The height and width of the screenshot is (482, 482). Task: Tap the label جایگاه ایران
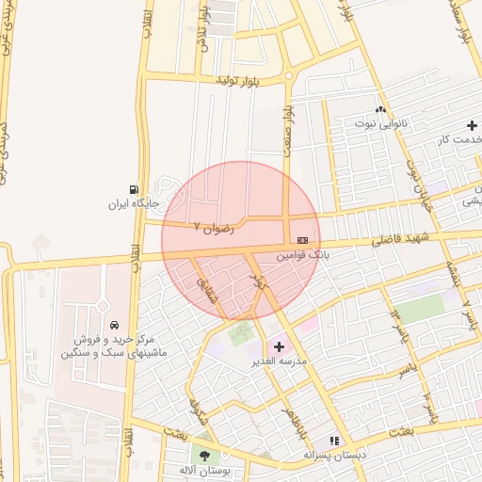[x=130, y=203]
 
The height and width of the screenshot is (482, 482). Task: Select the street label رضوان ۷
[x=213, y=226]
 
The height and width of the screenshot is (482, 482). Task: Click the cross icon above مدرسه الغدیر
[x=278, y=346]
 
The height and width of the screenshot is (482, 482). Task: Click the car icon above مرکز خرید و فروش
[x=114, y=325]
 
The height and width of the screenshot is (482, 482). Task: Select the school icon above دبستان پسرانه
[x=332, y=441]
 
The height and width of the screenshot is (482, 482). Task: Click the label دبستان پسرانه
[x=333, y=455]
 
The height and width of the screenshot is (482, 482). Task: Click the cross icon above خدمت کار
[x=472, y=125]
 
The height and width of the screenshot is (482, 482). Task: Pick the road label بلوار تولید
[x=237, y=82]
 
